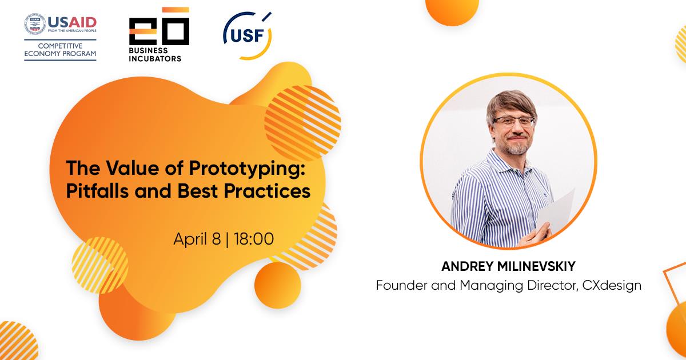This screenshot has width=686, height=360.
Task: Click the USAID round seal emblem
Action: (x=35, y=23)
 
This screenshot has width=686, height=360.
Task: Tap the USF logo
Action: (x=248, y=36)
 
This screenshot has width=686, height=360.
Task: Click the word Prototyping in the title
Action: (x=247, y=169)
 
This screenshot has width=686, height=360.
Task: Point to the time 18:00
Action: (x=254, y=239)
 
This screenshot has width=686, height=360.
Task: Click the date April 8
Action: (x=197, y=239)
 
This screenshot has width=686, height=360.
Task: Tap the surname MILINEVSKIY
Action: (x=536, y=266)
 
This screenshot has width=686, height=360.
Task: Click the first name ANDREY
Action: (x=468, y=266)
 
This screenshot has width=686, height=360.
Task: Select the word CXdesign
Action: (x=612, y=286)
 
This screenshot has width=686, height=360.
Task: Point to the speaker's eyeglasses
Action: (x=514, y=122)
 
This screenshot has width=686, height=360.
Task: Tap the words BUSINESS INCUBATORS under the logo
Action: (x=155, y=54)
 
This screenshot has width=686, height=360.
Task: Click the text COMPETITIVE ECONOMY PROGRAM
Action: (x=60, y=50)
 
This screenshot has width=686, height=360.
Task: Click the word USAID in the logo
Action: (x=72, y=22)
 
